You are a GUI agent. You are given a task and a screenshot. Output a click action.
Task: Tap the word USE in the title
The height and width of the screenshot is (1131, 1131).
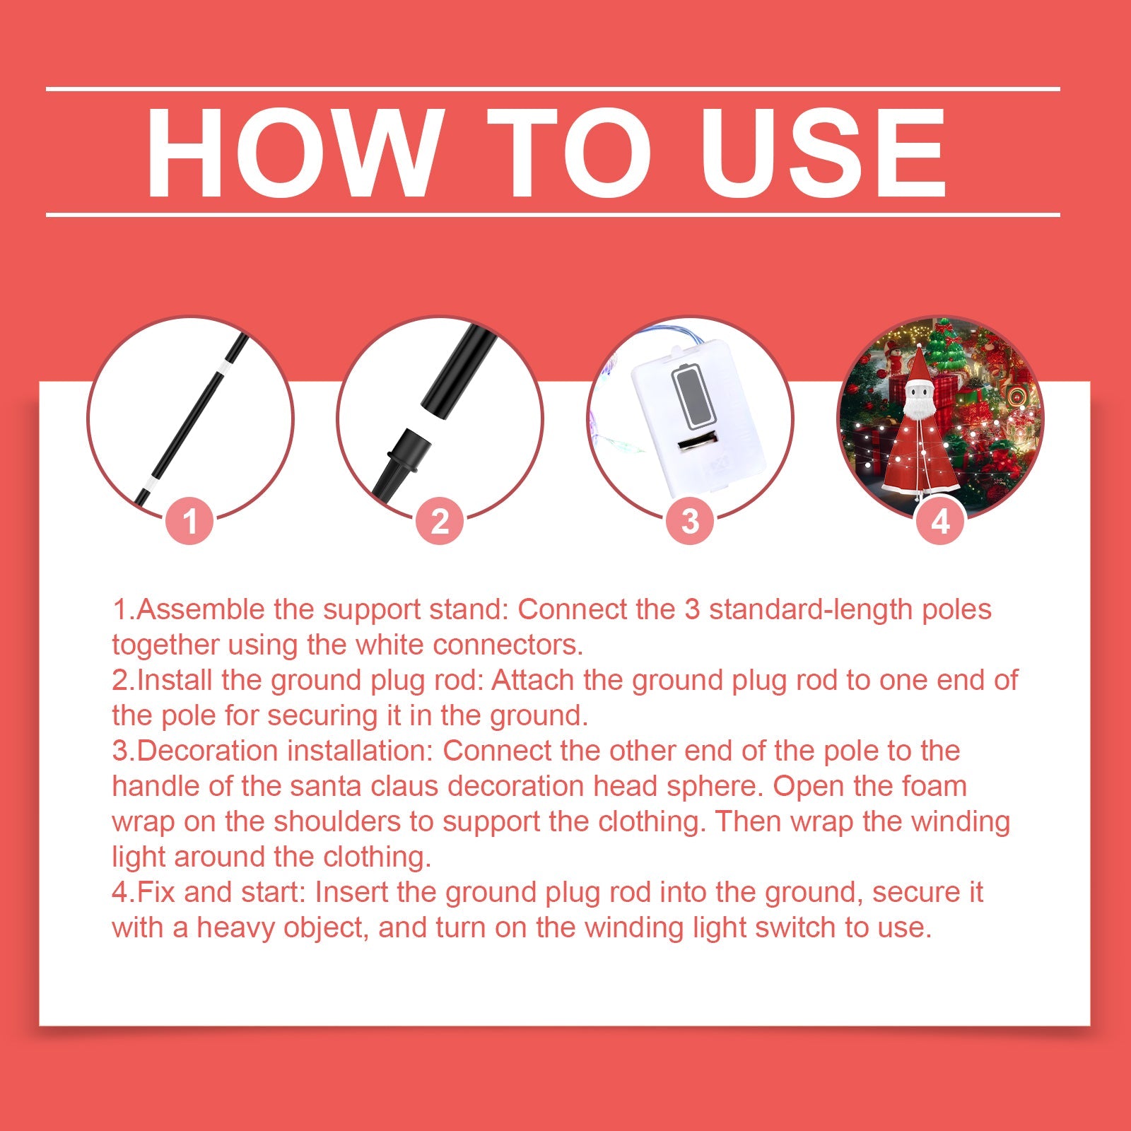click(x=822, y=153)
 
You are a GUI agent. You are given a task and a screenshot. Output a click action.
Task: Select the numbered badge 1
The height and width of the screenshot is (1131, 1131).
click(x=189, y=522)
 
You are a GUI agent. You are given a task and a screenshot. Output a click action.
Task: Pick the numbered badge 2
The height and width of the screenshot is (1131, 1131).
click(x=440, y=522)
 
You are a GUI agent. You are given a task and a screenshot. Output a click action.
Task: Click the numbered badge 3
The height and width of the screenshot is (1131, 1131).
click(x=690, y=522)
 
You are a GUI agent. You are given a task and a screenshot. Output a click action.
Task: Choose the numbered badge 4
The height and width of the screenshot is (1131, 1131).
click(x=940, y=522)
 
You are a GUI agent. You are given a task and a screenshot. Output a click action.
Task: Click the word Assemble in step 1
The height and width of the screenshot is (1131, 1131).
click(x=200, y=609)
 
